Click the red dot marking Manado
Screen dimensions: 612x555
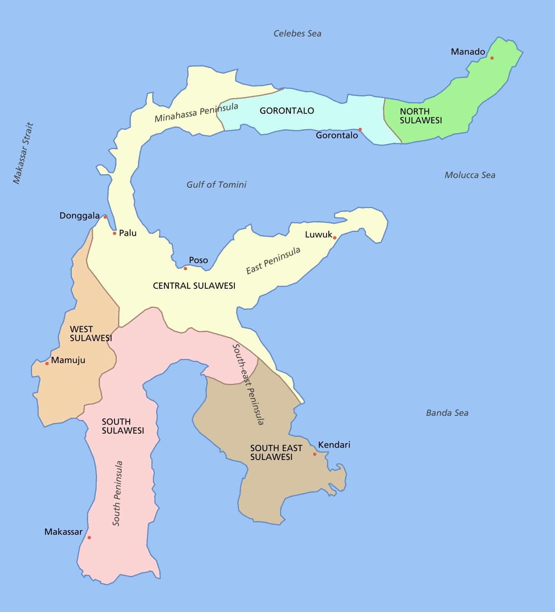pos(492,58)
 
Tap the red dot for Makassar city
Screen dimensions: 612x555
pos(89,537)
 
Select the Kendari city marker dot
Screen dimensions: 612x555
pos(315,454)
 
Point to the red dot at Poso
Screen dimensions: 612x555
pos(185,268)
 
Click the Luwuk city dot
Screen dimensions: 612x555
pos(335,238)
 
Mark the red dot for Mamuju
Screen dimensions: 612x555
pos(47,363)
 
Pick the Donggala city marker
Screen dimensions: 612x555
pos(105,217)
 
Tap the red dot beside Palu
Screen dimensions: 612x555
pos(115,233)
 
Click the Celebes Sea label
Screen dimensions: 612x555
pos(297,33)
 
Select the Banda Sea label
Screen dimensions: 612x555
pos(447,413)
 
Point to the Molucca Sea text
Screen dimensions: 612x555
pos(470,175)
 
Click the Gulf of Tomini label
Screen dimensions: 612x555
pos(216,185)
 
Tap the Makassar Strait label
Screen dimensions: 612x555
pos(23,153)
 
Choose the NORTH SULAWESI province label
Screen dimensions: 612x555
pos(421,116)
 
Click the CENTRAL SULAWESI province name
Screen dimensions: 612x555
pos(194,286)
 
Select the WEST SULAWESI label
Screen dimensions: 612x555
pos(91,334)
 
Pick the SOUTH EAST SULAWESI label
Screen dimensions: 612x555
pos(276,453)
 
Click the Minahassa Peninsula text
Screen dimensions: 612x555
pos(196,113)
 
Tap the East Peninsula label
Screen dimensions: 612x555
pos(273,260)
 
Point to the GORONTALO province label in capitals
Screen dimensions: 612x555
pos(287,111)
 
